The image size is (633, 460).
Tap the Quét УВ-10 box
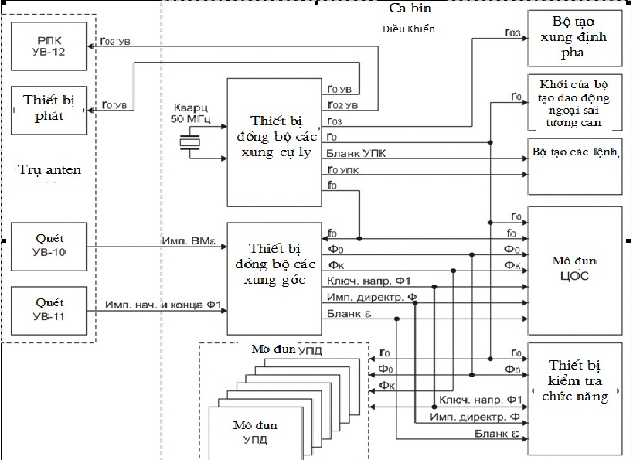(x=48, y=247)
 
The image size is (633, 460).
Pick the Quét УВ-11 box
(x=48, y=310)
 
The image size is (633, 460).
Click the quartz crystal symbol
(x=189, y=142)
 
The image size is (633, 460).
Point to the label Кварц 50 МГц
(x=189, y=114)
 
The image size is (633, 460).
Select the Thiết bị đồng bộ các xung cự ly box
(x=274, y=141)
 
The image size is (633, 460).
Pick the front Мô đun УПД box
(x=254, y=431)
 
